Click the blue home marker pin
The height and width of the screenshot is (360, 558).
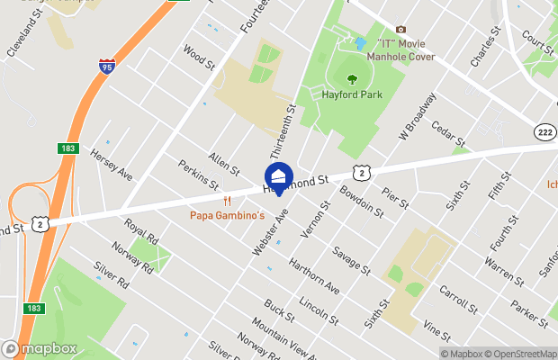tap(278, 176)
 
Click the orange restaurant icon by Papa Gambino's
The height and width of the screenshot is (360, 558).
tap(229, 201)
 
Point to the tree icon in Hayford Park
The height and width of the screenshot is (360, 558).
tap(347, 77)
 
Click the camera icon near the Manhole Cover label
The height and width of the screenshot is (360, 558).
tap(400, 30)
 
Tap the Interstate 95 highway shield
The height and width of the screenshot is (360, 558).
tap(106, 66)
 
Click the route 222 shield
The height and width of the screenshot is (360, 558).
tap(544, 131)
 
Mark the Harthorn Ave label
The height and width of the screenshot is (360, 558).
tap(313, 277)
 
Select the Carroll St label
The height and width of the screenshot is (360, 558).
tap(458, 301)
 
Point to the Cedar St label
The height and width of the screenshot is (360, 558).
tap(447, 134)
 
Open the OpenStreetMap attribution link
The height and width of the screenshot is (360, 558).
tap(520, 354)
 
